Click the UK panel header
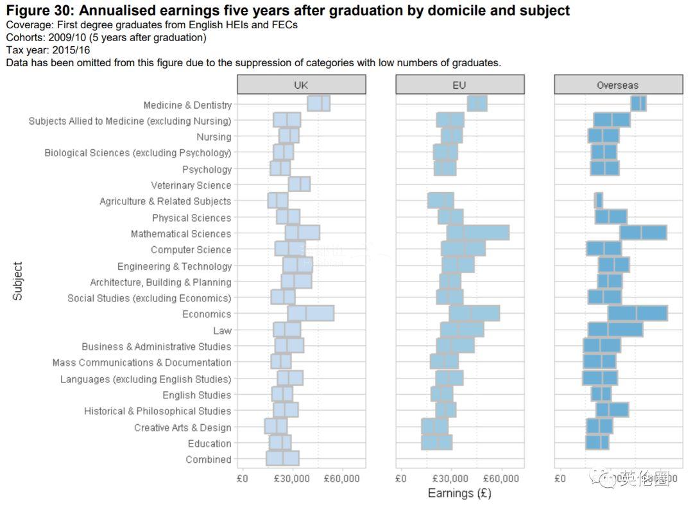click(301, 85)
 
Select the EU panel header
click(459, 85)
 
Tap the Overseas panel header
click(617, 85)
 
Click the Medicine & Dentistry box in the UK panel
click(318, 104)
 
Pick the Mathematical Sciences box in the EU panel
click(478, 233)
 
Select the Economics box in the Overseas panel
click(637, 314)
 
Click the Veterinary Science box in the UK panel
click(299, 184)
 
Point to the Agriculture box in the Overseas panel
click(598, 201)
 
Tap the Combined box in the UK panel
click(282, 459)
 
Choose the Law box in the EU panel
click(462, 330)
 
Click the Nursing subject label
click(214, 137)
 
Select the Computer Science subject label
click(191, 250)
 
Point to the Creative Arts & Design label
click(182, 427)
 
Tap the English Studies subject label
click(196, 395)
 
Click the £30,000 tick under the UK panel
click(293, 479)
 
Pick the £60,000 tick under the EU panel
click(501, 479)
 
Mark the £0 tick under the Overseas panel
click(560, 479)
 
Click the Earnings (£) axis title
click(459, 494)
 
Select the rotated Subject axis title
click(18, 281)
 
